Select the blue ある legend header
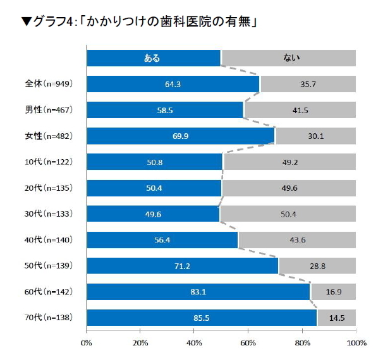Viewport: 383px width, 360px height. coord(153,58)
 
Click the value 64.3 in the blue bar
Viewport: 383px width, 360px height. coord(173,84)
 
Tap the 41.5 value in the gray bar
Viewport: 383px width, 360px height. coord(300,110)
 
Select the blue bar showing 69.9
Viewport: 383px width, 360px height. coord(181,136)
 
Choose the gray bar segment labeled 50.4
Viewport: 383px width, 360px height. coord(288,213)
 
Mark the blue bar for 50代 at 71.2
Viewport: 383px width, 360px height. coord(182,266)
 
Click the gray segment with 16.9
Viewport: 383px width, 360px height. coord(333,292)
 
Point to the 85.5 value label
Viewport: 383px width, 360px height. coord(201,318)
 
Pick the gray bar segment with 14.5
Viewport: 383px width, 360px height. coord(336,318)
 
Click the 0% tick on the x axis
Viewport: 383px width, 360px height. coord(87,342)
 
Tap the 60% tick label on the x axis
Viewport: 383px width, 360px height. coord(248,342)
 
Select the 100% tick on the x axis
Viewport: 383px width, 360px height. coord(356,342)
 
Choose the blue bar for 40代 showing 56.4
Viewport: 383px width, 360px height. coord(162,240)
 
